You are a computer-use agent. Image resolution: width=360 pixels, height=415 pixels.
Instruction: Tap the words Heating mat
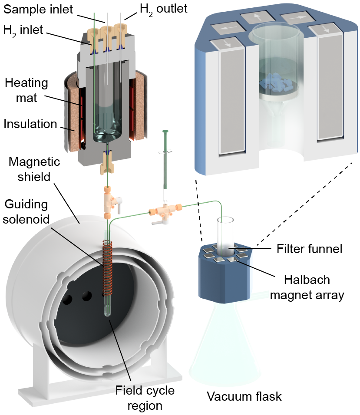pyautogui.click(x=26, y=90)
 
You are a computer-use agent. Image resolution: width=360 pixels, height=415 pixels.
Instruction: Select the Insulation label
pyautogui.click(x=30, y=124)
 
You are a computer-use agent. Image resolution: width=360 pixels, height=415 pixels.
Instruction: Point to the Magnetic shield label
pyautogui.click(x=35, y=169)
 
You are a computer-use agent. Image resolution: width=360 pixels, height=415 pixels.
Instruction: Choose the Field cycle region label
pyautogui.click(x=139, y=398)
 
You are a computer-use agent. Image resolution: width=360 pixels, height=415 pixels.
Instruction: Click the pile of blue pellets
pyautogui.click(x=275, y=83)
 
